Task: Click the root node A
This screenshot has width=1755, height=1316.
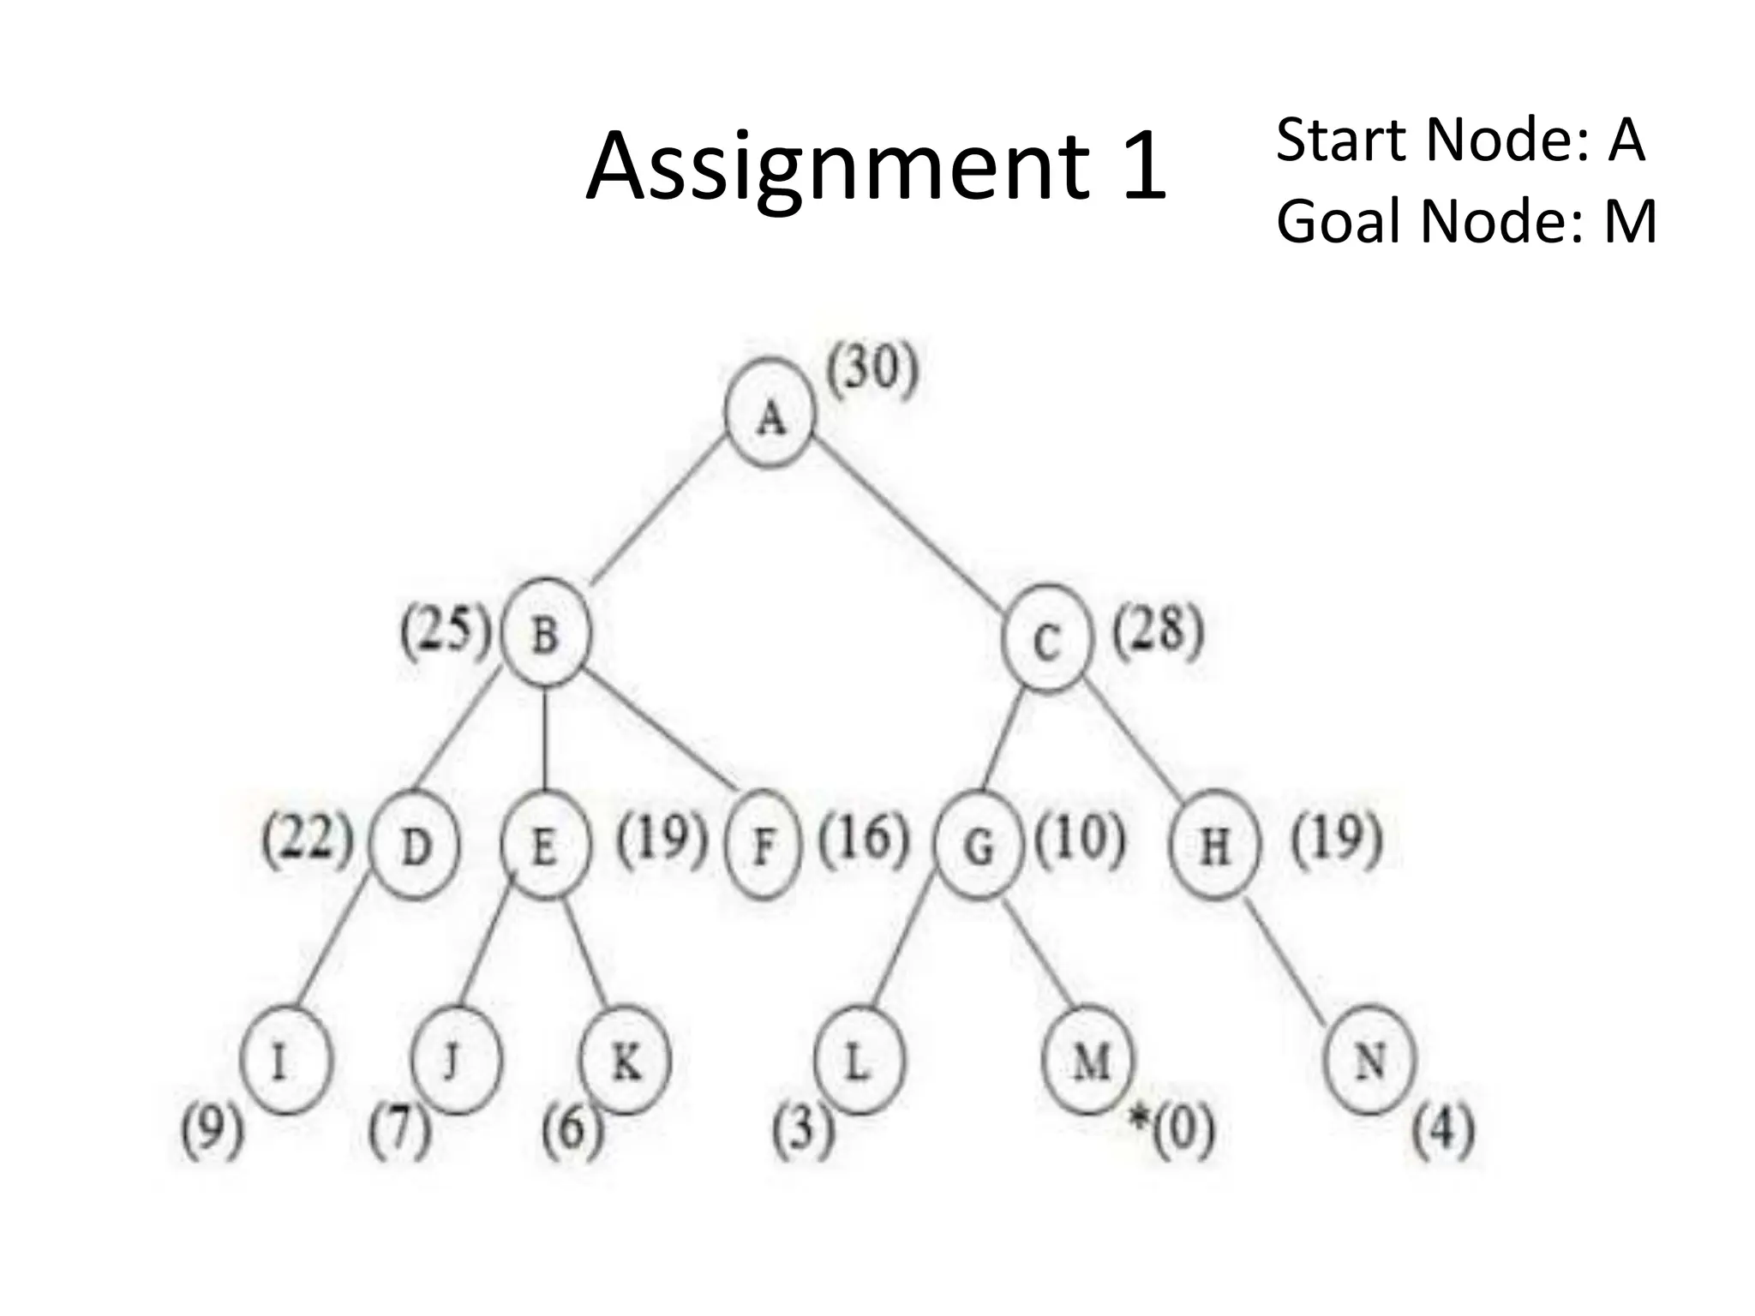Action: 770,414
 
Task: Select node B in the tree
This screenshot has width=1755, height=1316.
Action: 546,634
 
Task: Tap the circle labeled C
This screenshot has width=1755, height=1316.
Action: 1046,639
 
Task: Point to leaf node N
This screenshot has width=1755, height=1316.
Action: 1369,1062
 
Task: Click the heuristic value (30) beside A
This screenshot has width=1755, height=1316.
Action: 872,370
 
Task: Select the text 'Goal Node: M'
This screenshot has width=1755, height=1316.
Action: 1466,221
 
